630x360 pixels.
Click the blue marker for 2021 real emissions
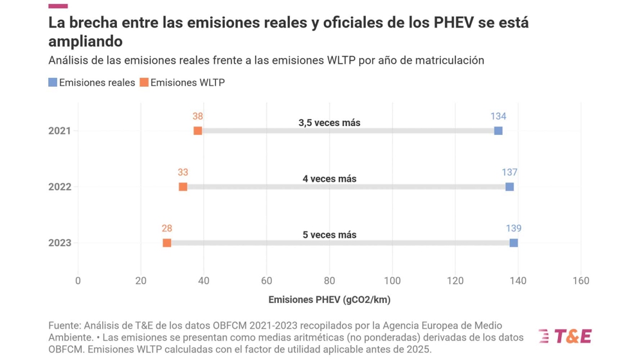click(498, 131)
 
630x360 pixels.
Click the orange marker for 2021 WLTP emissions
click(198, 131)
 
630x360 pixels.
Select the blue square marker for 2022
click(510, 187)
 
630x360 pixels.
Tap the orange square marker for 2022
click(183, 187)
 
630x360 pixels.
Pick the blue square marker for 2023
click(514, 243)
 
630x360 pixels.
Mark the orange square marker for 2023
click(167, 243)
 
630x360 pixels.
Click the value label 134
click(498, 116)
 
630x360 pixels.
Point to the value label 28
click(167, 228)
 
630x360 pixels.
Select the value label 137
click(510, 172)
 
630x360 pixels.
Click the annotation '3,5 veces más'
click(329, 123)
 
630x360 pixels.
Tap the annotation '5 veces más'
click(329, 235)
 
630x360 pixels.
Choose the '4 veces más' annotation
click(329, 179)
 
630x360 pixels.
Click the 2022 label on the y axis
click(59, 187)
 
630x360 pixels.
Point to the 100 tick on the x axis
click(392, 280)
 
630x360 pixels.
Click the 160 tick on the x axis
click(580, 280)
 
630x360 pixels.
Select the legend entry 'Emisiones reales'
click(92, 82)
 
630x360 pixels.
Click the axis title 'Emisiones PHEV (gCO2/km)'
click(329, 300)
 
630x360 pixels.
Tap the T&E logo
click(564, 336)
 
